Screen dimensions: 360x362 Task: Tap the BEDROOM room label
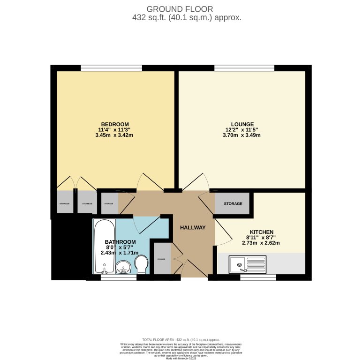point(113,124)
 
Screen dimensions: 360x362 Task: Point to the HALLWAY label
point(193,228)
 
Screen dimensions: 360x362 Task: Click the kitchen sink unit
point(247,264)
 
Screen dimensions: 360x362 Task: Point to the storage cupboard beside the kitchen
point(233,203)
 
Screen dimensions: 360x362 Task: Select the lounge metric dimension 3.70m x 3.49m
point(242,135)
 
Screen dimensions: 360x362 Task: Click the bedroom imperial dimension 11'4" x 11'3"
point(113,130)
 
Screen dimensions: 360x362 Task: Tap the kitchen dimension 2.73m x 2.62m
point(261,243)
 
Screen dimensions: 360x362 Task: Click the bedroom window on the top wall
point(111,68)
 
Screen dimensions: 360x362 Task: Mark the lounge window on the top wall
point(244,68)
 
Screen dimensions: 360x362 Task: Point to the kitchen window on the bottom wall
point(258,277)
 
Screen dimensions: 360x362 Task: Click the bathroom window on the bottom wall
point(118,277)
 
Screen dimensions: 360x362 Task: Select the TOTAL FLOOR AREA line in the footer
point(181,339)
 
